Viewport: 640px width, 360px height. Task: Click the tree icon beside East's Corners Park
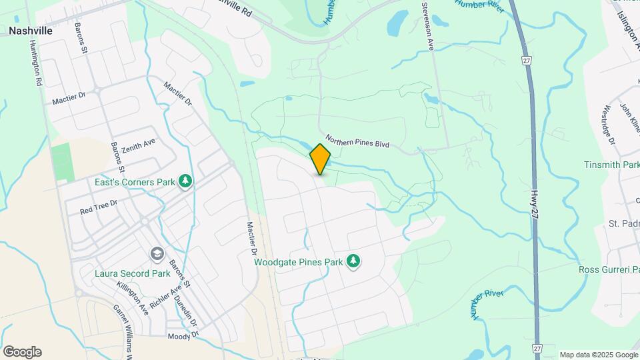185,181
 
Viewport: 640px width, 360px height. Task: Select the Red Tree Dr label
98,207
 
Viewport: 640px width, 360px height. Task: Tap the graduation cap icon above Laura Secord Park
157,254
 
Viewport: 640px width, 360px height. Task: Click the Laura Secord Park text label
133,273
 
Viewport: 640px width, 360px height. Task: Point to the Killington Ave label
132,297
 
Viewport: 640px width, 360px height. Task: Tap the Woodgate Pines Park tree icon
353,261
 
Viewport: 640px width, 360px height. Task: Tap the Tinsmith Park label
612,165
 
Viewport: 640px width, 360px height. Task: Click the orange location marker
320,159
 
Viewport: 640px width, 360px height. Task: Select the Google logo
22,351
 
